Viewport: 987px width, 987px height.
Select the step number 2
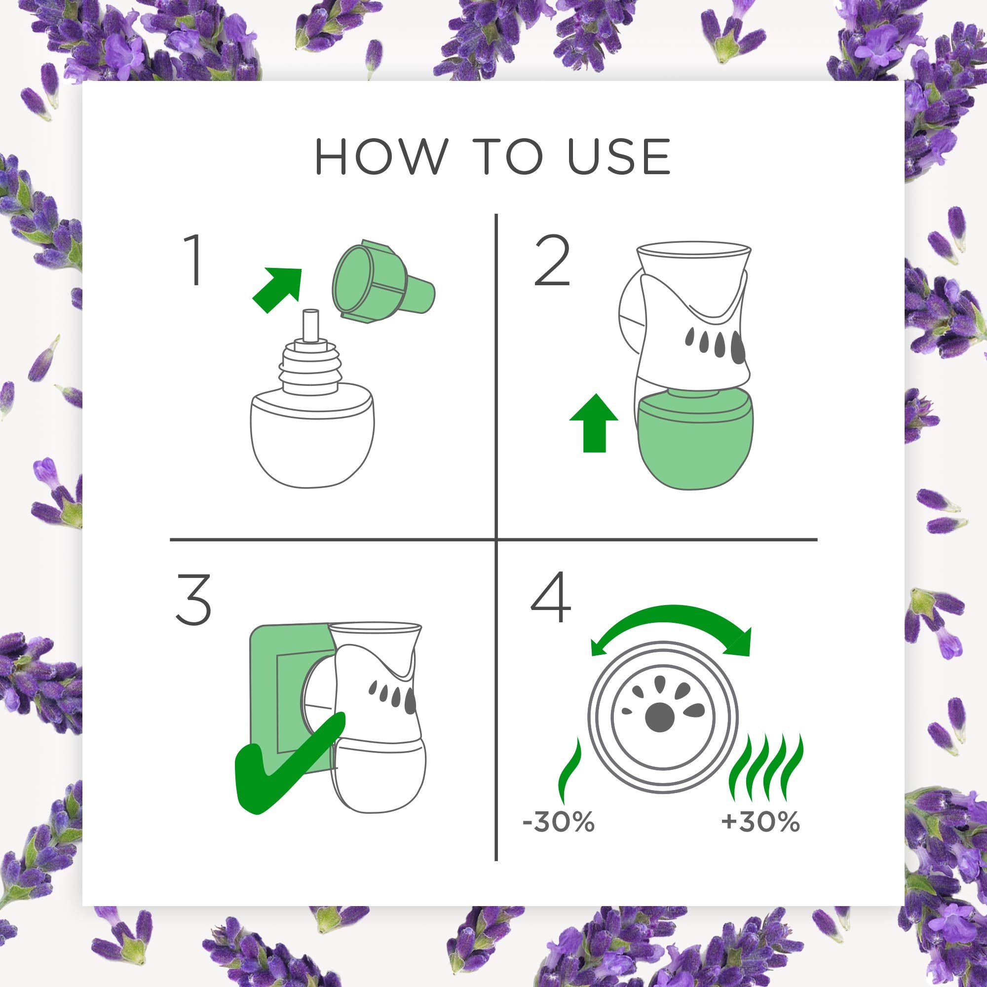[552, 263]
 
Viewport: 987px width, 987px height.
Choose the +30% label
[760, 822]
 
